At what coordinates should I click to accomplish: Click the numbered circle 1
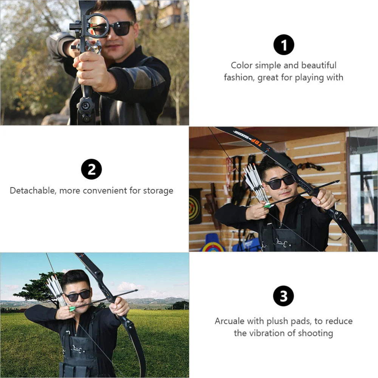pos(283,45)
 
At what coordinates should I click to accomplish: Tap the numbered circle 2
pos(91,169)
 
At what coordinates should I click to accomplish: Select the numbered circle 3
pos(283,297)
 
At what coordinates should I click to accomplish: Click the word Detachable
pos(33,190)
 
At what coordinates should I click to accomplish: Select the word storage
pos(158,191)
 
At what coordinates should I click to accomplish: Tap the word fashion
pos(237,77)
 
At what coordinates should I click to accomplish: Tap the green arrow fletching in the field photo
pos(72,308)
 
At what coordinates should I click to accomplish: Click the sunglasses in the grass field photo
pos(77,295)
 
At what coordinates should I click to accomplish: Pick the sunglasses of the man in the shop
pos(280,182)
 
